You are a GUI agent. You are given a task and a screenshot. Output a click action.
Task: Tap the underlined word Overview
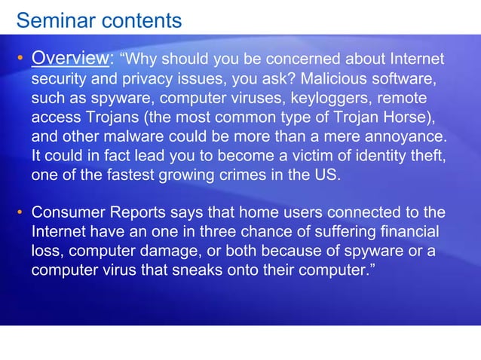[x=72, y=59]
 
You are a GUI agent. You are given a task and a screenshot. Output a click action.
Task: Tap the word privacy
[x=140, y=78]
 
